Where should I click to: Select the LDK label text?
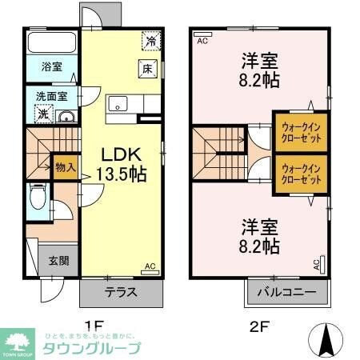coord(118,154)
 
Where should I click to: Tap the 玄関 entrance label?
coord(58,260)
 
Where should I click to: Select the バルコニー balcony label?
coord(286,292)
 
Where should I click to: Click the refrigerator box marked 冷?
coord(150,39)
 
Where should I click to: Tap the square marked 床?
coord(147,69)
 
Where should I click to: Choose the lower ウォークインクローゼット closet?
coord(302,174)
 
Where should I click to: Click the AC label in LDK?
coord(149,267)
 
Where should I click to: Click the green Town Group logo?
coord(16,341)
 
